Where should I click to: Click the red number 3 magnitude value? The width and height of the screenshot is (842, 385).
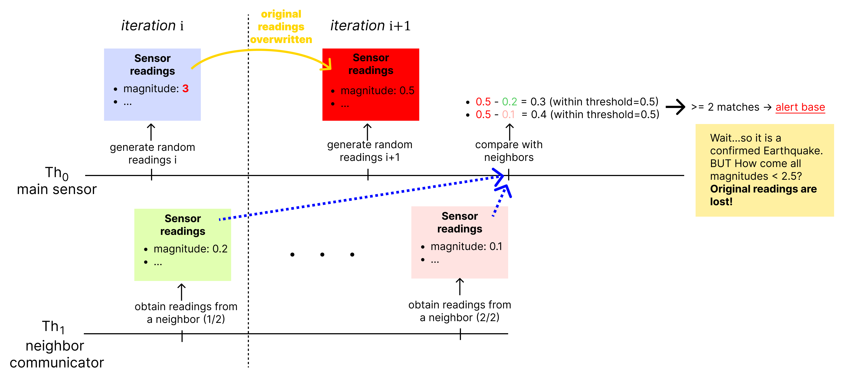pyautogui.click(x=185, y=89)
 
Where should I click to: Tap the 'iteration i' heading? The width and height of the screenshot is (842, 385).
pyautogui.click(x=152, y=25)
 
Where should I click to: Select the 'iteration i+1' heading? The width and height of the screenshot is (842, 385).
pyautogui.click(x=370, y=25)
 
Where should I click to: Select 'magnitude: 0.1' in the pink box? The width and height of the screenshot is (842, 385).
pyautogui.click(x=466, y=246)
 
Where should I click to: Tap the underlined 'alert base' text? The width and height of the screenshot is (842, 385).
pyautogui.click(x=800, y=107)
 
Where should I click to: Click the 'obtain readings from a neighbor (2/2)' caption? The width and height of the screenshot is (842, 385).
pyautogui.click(x=460, y=311)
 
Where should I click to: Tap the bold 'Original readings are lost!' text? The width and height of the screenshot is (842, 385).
pyautogui.click(x=763, y=195)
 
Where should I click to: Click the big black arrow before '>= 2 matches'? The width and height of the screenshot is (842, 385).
pyautogui.click(x=675, y=107)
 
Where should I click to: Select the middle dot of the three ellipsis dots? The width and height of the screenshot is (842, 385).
pyautogui.click(x=322, y=254)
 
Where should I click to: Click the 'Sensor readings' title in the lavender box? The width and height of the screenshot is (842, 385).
pyautogui.click(x=152, y=64)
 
